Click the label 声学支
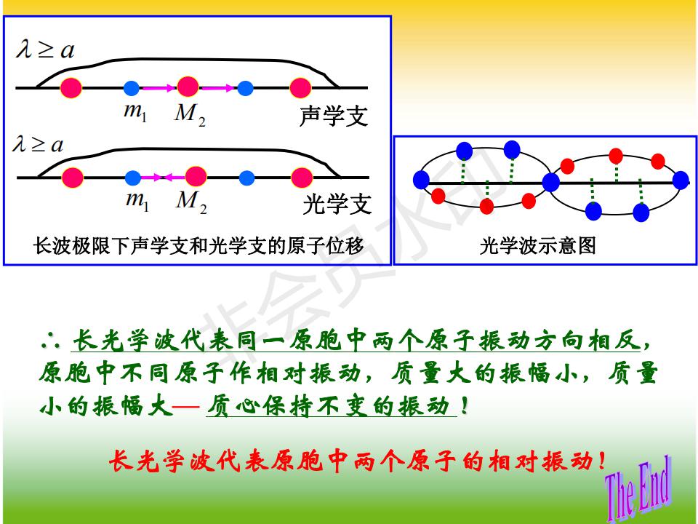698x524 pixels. point(334,116)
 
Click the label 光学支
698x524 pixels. point(337,205)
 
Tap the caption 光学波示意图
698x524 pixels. point(538,245)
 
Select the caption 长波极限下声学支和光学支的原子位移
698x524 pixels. point(198,245)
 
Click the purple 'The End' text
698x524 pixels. point(638,488)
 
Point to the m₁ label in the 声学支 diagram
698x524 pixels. point(135,111)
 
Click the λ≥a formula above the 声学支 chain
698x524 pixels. point(45,49)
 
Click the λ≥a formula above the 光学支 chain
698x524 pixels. point(39,144)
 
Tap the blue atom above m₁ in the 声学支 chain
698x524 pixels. point(132,88)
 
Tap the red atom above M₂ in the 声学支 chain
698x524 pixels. point(188,87)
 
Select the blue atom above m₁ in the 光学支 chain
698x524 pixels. point(133,178)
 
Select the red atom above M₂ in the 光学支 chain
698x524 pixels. point(196,176)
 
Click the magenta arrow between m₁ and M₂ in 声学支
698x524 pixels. point(158,88)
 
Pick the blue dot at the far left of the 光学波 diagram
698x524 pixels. point(421,180)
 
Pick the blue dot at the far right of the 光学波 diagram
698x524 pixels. point(681,180)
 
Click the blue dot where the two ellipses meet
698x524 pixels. point(551,182)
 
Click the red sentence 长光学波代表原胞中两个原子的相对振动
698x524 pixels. point(358,461)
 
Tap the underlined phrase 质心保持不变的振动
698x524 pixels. point(331,405)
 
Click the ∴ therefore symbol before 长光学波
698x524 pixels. point(50,341)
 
